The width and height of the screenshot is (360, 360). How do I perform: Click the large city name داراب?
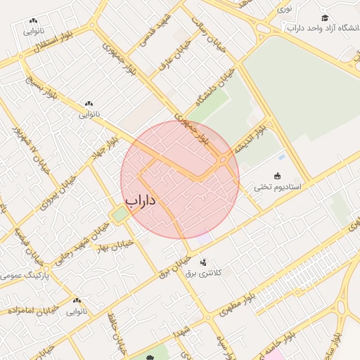click(x=140, y=200)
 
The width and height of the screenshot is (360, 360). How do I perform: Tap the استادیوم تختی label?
click(x=277, y=188)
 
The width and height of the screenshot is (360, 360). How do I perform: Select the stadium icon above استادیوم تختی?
click(x=277, y=176)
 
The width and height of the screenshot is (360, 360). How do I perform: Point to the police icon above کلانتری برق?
click(x=204, y=262)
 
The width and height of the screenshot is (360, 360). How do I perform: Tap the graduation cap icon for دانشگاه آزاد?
click(x=324, y=18)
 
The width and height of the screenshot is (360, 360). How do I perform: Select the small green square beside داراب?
click(x=120, y=213)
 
